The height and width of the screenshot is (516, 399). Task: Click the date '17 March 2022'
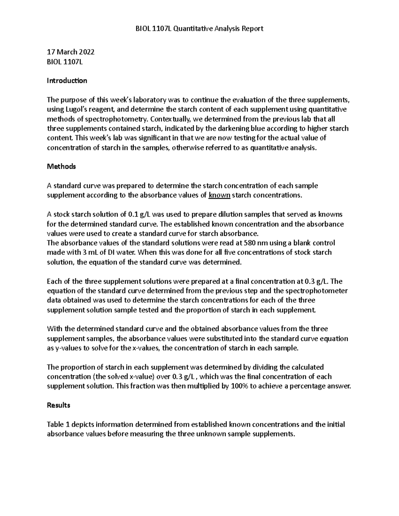(70, 52)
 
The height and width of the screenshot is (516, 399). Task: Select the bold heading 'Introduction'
(67, 81)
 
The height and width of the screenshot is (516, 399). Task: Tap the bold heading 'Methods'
(62, 166)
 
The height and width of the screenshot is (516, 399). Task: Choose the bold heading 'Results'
(59, 405)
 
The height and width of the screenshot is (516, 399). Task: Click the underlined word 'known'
(219, 195)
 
